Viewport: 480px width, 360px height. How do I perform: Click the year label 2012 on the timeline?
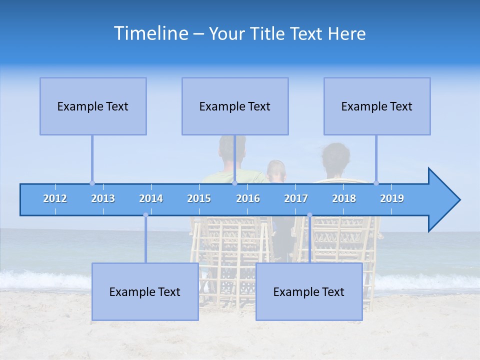pyautogui.click(x=55, y=198)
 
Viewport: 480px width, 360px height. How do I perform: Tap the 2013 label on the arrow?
pyautogui.click(x=103, y=198)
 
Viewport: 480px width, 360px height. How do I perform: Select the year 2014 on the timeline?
pyautogui.click(x=151, y=198)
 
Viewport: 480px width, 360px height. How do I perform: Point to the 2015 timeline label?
pyautogui.click(x=199, y=198)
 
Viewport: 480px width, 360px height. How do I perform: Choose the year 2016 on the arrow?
pyautogui.click(x=248, y=198)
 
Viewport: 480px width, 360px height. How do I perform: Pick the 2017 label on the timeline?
pyautogui.click(x=296, y=198)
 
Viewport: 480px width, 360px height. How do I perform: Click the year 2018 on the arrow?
pyautogui.click(x=344, y=198)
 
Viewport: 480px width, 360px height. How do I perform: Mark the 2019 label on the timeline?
pyautogui.click(x=392, y=198)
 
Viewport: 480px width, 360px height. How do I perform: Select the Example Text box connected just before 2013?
pyautogui.click(x=93, y=106)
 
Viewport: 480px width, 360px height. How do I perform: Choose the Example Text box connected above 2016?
pyautogui.click(x=235, y=106)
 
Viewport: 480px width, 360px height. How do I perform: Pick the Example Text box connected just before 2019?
pyautogui.click(x=377, y=106)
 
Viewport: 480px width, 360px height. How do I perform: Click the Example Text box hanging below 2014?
pyautogui.click(x=145, y=291)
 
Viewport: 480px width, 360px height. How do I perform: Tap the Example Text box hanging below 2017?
pyautogui.click(x=309, y=291)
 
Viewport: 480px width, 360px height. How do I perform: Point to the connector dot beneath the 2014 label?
pyautogui.click(x=145, y=215)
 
